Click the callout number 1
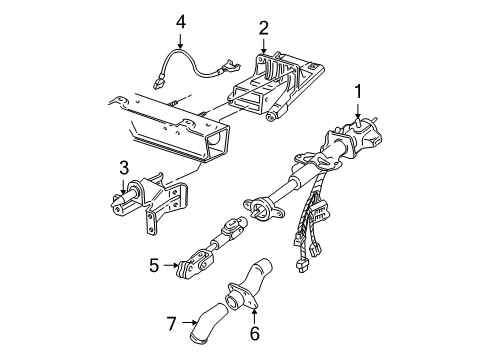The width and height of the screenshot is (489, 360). click(x=355, y=94)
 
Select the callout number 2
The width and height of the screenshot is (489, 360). click(x=263, y=27)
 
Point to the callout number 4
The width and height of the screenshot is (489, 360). click(x=180, y=20)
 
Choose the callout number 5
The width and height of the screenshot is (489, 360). click(x=153, y=267)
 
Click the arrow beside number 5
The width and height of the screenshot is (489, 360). click(x=169, y=267)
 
